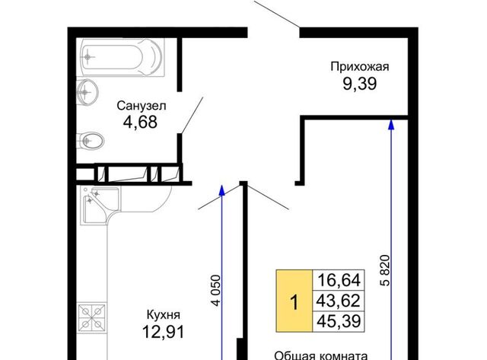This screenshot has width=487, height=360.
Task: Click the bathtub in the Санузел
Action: (122, 58)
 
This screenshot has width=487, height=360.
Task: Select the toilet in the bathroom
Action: (90, 141)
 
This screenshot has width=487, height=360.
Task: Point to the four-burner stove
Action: (91, 317)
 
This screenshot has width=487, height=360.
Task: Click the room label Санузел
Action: (142, 106)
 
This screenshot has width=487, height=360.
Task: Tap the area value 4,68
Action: (140, 122)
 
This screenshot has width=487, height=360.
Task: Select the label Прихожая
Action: (360, 67)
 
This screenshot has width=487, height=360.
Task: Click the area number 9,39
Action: (360, 84)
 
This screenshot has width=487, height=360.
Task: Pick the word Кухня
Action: (164, 315)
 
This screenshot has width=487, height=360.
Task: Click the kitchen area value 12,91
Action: (164, 332)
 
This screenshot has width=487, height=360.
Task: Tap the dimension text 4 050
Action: (216, 291)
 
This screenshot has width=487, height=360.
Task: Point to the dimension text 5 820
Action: (385, 270)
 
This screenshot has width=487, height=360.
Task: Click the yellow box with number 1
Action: (294, 301)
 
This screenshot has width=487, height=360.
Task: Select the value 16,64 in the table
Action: (339, 280)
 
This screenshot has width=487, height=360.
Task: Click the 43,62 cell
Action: (339, 301)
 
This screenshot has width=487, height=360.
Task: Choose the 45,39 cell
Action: (339, 321)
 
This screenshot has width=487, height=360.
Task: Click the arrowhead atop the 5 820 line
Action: (391, 124)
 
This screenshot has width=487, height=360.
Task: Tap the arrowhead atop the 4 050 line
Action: (221, 190)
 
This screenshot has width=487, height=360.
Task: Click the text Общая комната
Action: (321, 355)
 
